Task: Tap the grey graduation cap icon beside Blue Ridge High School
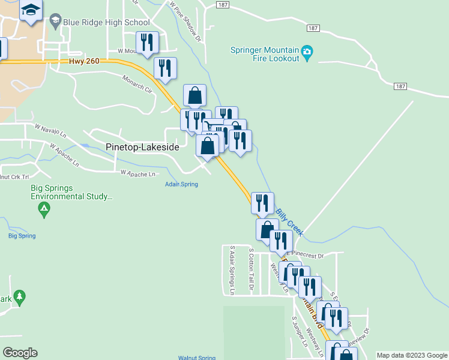tap(56, 22)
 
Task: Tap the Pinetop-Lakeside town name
tap(142, 146)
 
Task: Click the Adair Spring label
tap(181, 184)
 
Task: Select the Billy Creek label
tap(289, 221)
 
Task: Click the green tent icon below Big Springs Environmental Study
tap(43, 209)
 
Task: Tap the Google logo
tap(19, 353)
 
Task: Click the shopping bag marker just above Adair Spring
tap(207, 146)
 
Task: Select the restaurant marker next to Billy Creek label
tap(262, 203)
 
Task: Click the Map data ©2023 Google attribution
tap(412, 355)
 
